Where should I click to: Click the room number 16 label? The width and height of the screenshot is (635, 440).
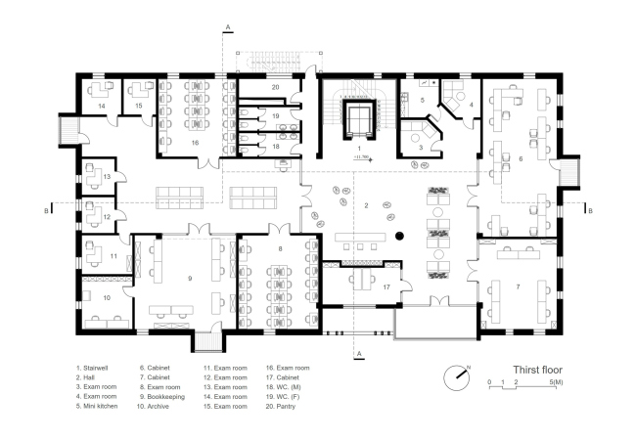(195, 143)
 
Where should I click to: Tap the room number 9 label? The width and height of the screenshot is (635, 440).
(190, 278)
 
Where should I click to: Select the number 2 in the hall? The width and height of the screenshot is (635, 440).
(366, 205)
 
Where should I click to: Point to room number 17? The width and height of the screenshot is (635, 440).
(386, 287)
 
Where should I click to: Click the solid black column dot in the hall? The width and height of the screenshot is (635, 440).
(400, 236)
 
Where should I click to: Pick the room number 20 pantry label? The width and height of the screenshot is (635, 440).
(275, 87)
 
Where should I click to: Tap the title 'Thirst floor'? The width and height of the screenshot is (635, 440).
(537, 370)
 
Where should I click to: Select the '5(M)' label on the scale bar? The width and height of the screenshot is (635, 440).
(557, 381)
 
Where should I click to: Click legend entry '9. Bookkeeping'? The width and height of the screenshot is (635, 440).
(162, 397)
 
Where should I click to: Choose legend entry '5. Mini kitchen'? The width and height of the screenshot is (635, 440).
(97, 406)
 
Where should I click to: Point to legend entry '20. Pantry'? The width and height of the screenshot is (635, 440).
(281, 406)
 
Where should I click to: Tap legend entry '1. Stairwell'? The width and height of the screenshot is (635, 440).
(92, 368)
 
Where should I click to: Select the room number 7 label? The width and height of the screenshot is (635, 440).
(518, 287)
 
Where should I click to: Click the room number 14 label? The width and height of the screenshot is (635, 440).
(102, 106)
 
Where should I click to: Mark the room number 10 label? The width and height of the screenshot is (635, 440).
(107, 298)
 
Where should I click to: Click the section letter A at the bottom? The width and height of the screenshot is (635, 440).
(359, 353)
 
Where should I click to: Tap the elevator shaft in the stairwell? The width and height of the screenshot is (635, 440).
(359, 120)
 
